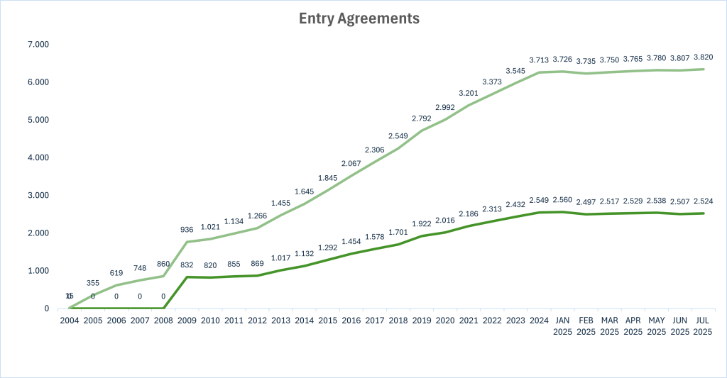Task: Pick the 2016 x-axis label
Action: click(351, 321)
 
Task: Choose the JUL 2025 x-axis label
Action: click(703, 326)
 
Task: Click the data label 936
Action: click(187, 230)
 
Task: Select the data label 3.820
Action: click(703, 57)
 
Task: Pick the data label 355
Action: click(94, 283)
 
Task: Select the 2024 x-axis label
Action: click(538, 321)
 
